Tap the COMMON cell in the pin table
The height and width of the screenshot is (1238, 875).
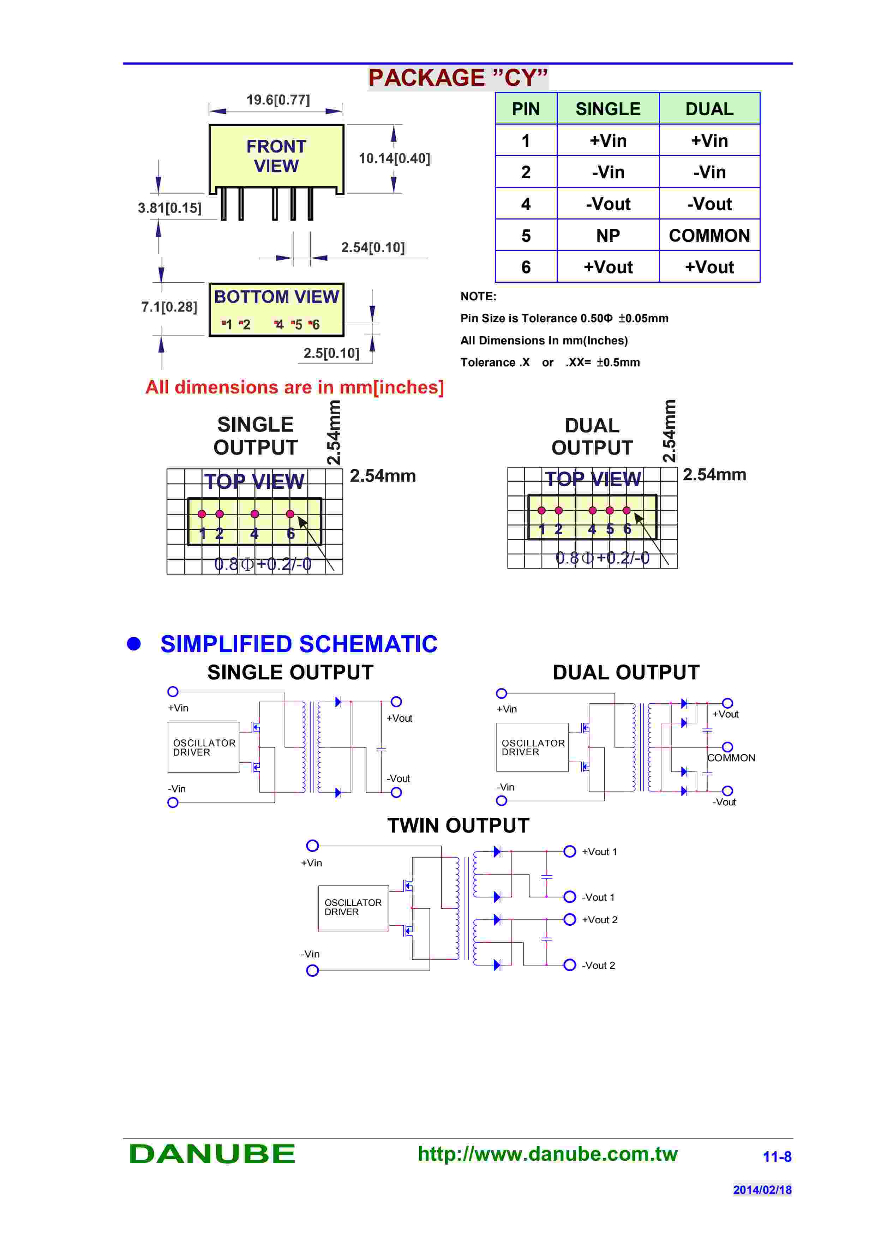pos(709,236)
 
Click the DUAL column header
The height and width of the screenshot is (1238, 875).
pos(709,109)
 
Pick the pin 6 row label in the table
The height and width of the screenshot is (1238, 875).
pos(526,268)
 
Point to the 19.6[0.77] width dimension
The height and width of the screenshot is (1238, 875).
pos(278,100)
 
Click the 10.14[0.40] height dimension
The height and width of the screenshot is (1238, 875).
pos(394,158)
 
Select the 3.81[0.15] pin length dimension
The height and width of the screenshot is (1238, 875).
pos(169,208)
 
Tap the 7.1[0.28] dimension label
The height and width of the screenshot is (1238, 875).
pos(169,307)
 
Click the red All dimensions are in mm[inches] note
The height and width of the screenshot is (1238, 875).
pos(294,387)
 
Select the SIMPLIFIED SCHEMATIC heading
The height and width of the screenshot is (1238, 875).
pos(299,644)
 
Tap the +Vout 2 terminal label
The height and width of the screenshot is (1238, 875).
pos(599,920)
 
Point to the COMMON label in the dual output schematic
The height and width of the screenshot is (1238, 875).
pos(731,758)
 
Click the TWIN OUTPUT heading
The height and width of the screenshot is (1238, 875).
pos(458,825)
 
